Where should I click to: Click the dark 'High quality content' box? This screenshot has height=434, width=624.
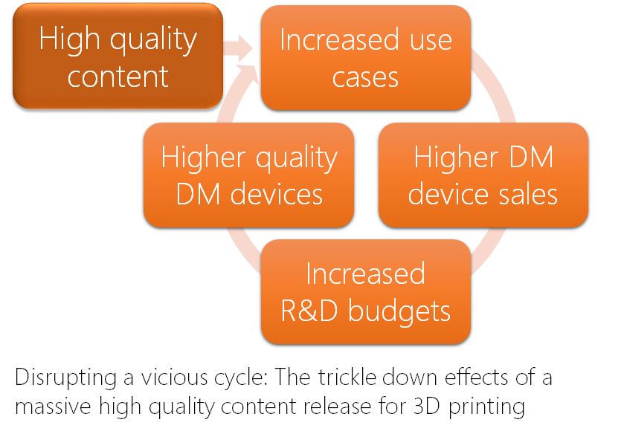[118, 56]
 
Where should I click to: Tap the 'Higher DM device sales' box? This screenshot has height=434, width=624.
[483, 175]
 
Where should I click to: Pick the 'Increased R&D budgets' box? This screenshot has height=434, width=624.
[365, 292]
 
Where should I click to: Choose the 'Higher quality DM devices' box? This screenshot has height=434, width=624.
[248, 175]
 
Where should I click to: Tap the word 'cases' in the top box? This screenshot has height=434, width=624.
[365, 77]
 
